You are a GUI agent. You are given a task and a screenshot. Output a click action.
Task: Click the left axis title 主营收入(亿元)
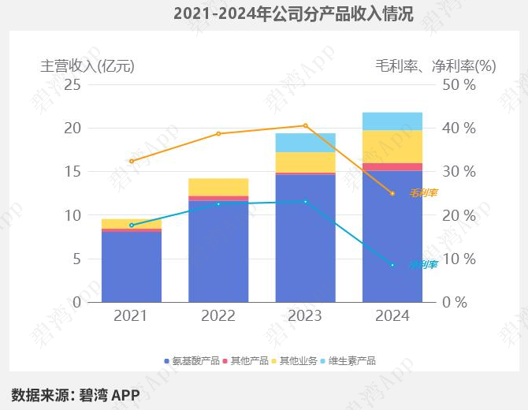click(87, 66)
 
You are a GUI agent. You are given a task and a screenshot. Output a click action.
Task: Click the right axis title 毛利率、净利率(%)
click(435, 66)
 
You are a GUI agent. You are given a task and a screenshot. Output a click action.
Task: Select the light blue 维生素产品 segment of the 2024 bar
click(392, 121)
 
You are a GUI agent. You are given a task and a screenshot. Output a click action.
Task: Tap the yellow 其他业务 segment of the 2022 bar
click(218, 187)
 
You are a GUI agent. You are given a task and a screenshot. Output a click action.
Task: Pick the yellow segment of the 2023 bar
click(305, 162)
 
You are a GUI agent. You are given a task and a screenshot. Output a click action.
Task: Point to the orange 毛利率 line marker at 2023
click(306, 125)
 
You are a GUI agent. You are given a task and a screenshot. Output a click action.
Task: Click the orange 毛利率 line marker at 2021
click(132, 161)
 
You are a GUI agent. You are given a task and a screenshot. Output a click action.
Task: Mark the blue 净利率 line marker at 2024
click(392, 265)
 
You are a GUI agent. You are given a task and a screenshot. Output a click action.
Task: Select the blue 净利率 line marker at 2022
click(218, 203)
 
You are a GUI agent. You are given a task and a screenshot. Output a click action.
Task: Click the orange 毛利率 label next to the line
click(423, 192)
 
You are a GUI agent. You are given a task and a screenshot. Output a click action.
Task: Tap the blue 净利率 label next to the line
click(423, 264)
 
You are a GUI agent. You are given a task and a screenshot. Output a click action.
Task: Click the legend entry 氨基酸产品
click(191, 361)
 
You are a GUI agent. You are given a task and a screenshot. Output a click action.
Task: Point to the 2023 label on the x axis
click(305, 316)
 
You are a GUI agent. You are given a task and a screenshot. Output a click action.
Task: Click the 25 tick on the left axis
click(73, 84)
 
